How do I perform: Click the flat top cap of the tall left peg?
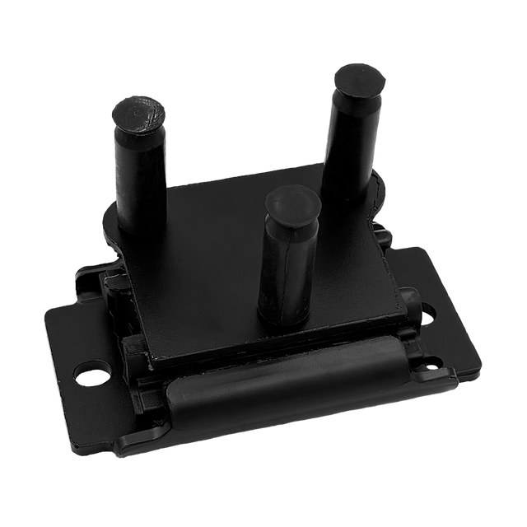[x=140, y=114]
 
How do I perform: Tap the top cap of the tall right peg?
[x=359, y=81]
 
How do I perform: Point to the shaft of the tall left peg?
[x=142, y=177]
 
